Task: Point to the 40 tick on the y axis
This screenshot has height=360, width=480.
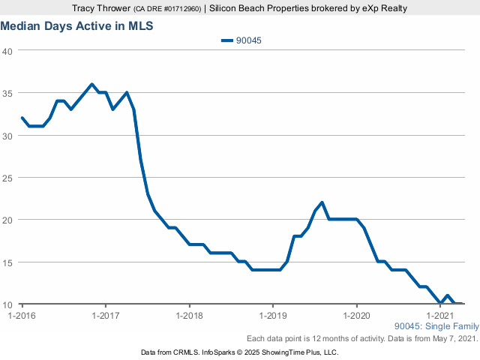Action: point(8,51)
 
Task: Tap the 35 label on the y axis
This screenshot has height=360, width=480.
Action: point(8,93)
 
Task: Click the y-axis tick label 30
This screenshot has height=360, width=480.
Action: point(8,136)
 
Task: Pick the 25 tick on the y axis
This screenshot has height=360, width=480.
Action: point(8,178)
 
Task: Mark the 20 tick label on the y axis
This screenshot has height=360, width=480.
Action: point(8,220)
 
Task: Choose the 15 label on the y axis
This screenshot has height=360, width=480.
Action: point(8,262)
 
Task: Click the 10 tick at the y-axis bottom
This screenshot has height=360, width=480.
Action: point(8,304)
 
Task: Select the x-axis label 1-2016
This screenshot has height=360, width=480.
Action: point(22,316)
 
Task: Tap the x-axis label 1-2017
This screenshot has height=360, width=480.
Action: point(106,316)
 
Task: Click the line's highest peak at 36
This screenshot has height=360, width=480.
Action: point(91,84)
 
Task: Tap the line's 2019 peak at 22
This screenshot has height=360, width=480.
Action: point(322,202)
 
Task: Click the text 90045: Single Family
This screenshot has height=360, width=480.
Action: point(435,326)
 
